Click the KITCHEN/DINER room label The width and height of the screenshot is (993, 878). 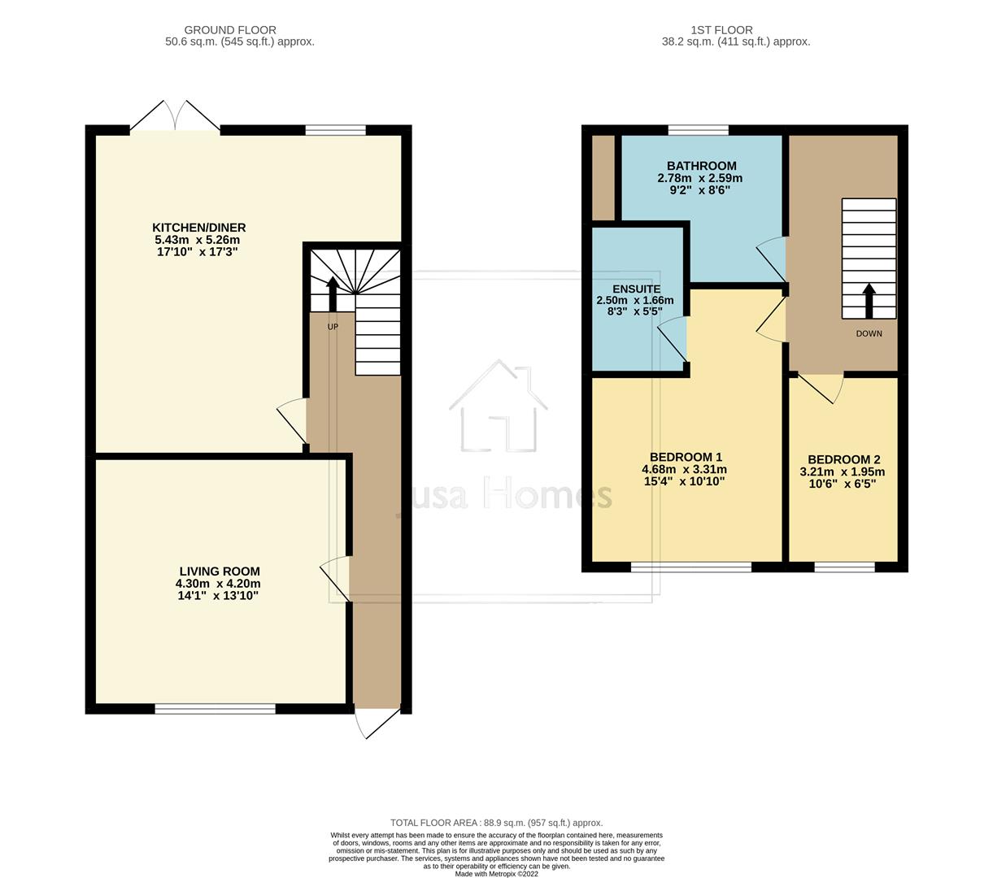(x=198, y=228)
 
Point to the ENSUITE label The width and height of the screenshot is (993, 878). (x=636, y=289)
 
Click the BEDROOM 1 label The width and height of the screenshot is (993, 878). (x=686, y=457)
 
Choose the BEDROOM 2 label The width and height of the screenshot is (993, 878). (x=843, y=459)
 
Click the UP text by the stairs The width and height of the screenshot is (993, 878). (x=333, y=327)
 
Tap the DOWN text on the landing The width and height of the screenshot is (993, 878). (x=869, y=333)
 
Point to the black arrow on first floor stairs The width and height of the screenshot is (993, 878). (x=869, y=300)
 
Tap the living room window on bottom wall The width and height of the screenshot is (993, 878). (x=216, y=709)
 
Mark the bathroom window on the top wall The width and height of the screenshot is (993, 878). (x=698, y=130)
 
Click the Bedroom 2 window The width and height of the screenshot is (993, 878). (x=844, y=567)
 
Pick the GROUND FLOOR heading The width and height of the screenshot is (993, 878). (x=230, y=30)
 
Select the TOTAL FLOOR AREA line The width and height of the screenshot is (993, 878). (x=496, y=823)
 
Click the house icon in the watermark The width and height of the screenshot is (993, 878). (x=497, y=406)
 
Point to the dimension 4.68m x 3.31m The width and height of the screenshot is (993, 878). (x=684, y=469)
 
